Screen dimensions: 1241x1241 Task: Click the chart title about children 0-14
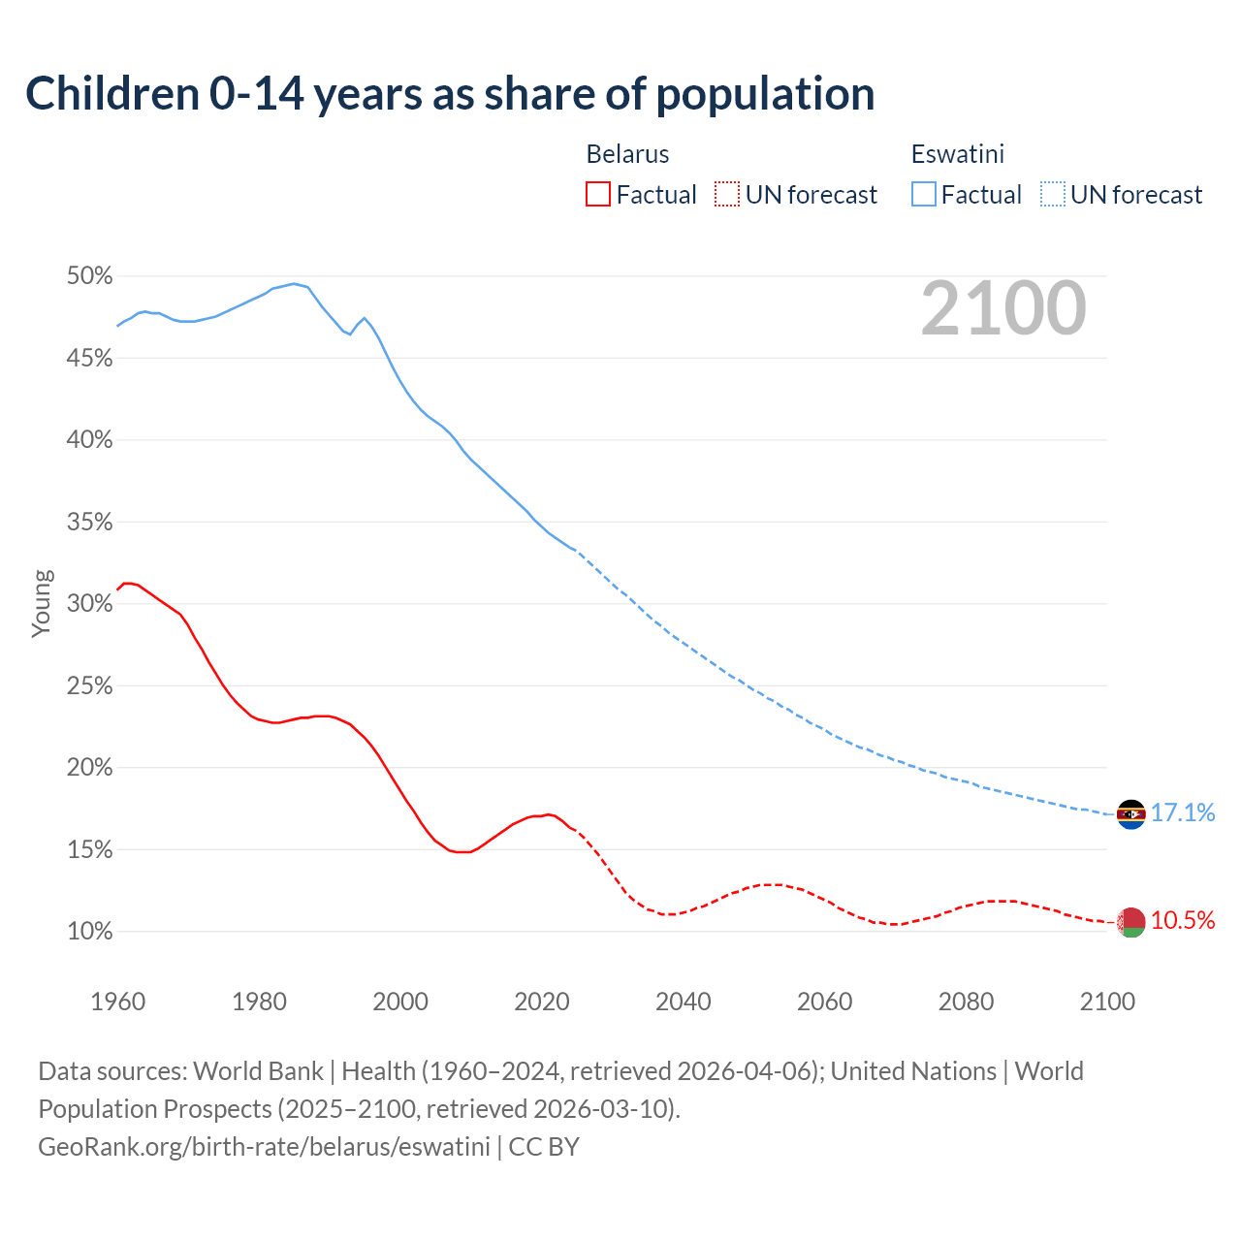pyautogui.click(x=450, y=94)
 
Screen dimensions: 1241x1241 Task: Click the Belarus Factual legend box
pyautogui.click(x=598, y=195)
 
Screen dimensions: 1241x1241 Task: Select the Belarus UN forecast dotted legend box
pyautogui.click(x=727, y=195)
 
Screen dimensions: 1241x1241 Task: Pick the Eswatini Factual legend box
pyautogui.click(x=924, y=195)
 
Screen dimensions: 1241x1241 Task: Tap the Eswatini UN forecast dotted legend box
pyautogui.click(x=1053, y=195)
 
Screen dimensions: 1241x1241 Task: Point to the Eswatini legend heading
pyautogui.click(x=957, y=154)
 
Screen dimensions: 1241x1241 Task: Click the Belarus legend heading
pyautogui.click(x=627, y=154)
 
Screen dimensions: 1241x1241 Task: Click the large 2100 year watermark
pyautogui.click(x=1003, y=308)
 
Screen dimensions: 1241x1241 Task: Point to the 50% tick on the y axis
pyautogui.click(x=89, y=276)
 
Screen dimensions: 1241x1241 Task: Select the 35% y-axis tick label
pyautogui.click(x=89, y=523)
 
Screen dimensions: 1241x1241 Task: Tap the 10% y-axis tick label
pyautogui.click(x=89, y=932)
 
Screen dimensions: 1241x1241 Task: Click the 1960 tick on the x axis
pyautogui.click(x=117, y=1002)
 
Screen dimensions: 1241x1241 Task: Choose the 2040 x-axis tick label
pyautogui.click(x=684, y=1002)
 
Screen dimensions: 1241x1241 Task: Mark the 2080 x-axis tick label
pyautogui.click(x=966, y=1002)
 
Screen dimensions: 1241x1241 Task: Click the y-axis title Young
pyautogui.click(x=42, y=603)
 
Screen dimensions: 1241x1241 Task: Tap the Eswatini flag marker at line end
pyautogui.click(x=1131, y=814)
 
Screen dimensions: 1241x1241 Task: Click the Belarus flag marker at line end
pyautogui.click(x=1131, y=922)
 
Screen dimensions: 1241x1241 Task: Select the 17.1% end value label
pyautogui.click(x=1183, y=812)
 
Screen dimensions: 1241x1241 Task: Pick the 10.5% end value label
pyautogui.click(x=1183, y=920)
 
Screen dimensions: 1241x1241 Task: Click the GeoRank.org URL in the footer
pyautogui.click(x=264, y=1146)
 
